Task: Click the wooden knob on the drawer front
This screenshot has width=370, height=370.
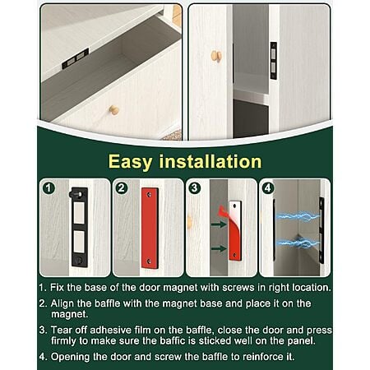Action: click(114, 110)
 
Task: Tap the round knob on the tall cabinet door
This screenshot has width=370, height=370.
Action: click(216, 56)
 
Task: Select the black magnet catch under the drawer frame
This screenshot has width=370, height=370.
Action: click(76, 58)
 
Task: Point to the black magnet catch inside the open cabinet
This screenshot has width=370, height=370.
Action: click(274, 61)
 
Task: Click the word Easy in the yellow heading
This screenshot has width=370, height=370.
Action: click(130, 162)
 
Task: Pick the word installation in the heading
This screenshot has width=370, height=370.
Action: click(210, 161)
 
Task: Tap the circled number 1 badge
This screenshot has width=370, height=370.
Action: click(49, 188)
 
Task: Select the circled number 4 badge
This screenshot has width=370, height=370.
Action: click(268, 188)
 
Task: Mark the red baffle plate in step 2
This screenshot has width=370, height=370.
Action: click(150, 228)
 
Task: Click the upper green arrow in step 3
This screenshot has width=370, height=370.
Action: click(219, 224)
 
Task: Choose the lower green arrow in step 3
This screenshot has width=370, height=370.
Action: click(219, 249)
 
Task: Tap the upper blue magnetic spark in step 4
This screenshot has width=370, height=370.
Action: click(298, 216)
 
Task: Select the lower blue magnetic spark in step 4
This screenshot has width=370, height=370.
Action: click(298, 243)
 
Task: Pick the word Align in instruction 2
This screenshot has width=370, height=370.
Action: click(62, 303)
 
